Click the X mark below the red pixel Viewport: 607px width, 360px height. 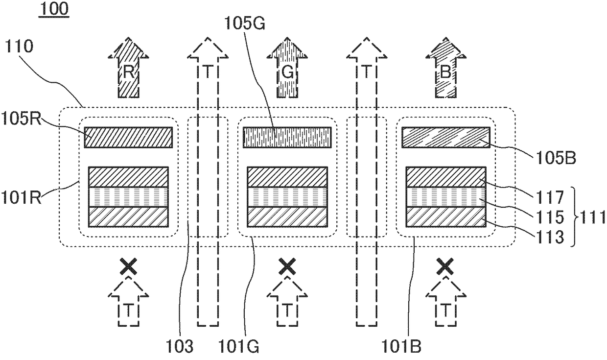coord(128,267)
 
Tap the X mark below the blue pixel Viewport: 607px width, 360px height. coord(445,267)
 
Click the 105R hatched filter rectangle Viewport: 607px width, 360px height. coord(128,137)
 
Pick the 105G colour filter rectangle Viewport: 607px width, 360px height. coord(288,137)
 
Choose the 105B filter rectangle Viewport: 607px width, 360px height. coord(445,137)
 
